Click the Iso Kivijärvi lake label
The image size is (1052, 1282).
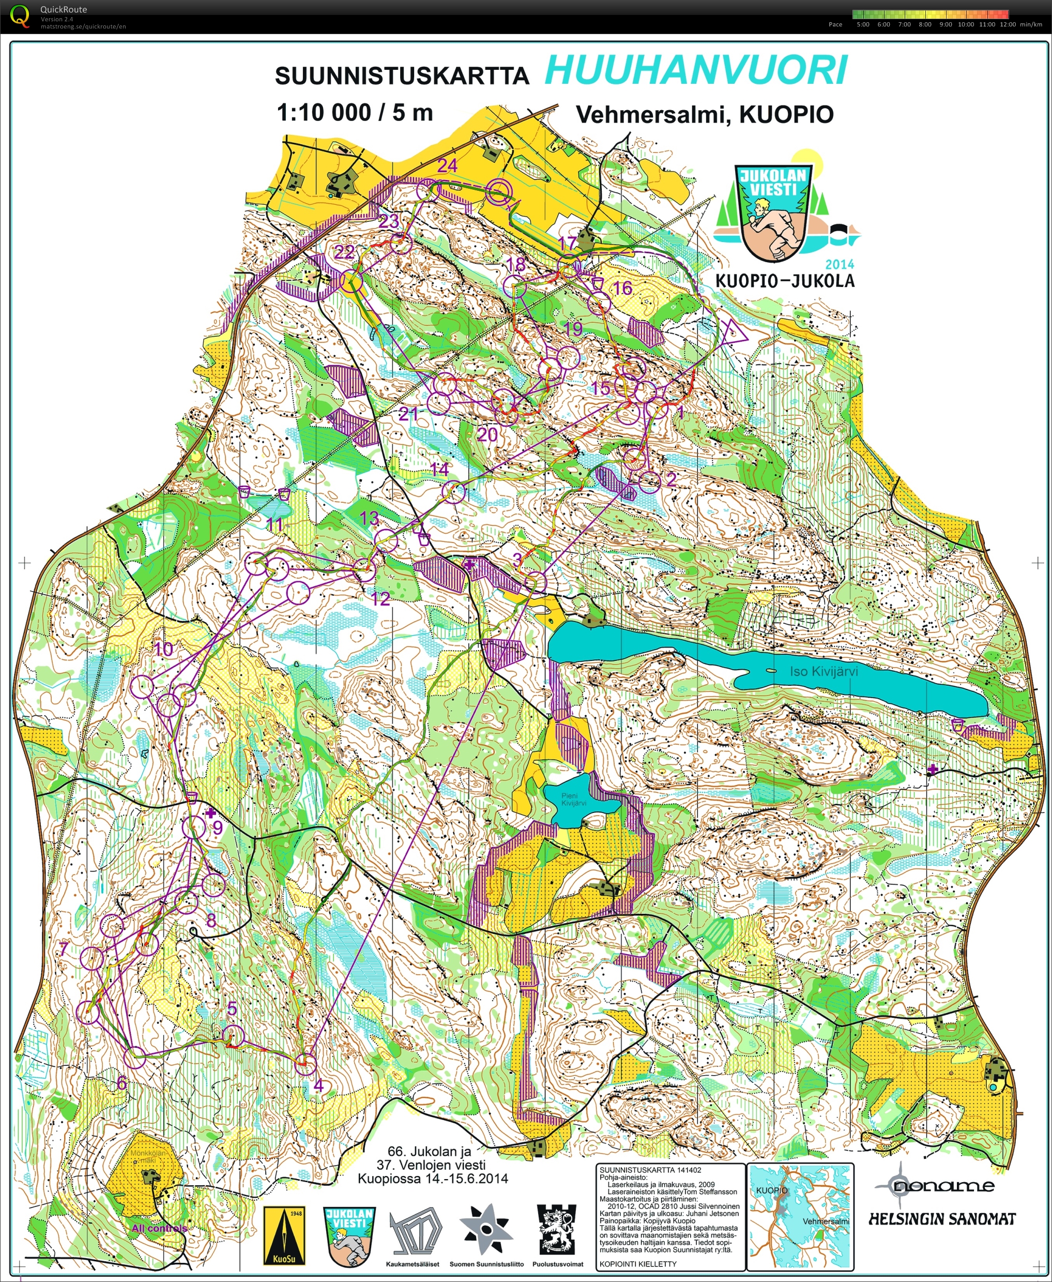click(x=824, y=671)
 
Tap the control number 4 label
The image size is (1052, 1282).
click(x=318, y=1085)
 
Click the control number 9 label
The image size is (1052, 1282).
click(x=217, y=827)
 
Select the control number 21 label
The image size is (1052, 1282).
click(x=408, y=414)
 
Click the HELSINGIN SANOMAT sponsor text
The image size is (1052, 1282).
click(x=942, y=1218)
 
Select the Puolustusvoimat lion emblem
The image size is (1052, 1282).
click(x=557, y=1229)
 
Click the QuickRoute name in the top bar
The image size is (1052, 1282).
click(x=63, y=9)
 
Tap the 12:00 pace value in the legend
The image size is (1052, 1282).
click(x=1007, y=24)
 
